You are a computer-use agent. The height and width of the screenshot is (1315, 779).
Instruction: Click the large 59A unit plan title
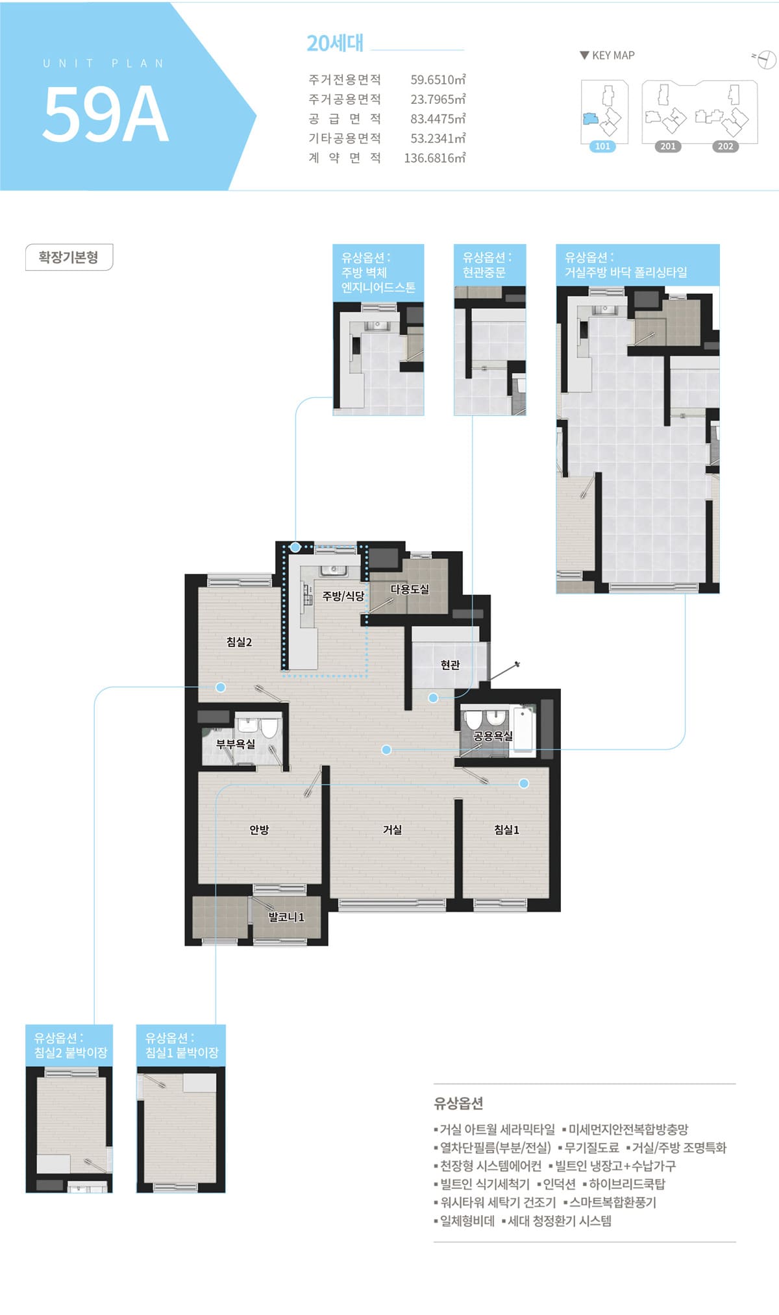(x=106, y=114)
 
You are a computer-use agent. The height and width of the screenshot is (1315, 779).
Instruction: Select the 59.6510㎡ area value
(x=438, y=80)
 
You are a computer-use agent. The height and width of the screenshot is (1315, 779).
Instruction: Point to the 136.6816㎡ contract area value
(x=435, y=158)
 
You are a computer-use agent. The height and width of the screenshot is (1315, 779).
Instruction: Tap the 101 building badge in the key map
(x=602, y=147)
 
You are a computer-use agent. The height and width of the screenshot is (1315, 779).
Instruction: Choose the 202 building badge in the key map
(x=725, y=147)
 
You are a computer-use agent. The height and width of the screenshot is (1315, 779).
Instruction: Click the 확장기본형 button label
(x=69, y=257)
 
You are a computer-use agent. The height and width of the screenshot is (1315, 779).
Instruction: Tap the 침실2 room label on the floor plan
(x=239, y=642)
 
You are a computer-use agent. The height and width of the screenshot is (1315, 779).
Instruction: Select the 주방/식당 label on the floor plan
(x=343, y=596)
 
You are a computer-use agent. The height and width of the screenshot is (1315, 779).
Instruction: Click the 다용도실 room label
(x=410, y=589)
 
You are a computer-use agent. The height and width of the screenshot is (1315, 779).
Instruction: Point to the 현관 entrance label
(x=450, y=665)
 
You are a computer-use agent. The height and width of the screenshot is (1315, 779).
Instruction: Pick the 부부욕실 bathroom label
(x=236, y=744)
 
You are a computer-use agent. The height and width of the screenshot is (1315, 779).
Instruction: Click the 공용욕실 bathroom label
(x=493, y=736)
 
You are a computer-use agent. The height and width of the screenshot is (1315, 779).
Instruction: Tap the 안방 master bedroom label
(x=259, y=830)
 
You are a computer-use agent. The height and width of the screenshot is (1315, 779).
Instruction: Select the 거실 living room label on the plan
(x=392, y=830)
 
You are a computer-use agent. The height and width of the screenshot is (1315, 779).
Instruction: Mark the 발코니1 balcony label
(x=286, y=917)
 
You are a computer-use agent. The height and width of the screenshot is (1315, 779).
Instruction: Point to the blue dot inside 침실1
(x=524, y=783)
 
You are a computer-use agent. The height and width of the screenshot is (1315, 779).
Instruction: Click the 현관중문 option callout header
(x=489, y=265)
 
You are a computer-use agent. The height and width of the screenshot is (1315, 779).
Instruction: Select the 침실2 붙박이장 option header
(x=69, y=1045)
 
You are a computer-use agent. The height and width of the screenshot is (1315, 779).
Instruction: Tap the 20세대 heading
(x=335, y=43)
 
